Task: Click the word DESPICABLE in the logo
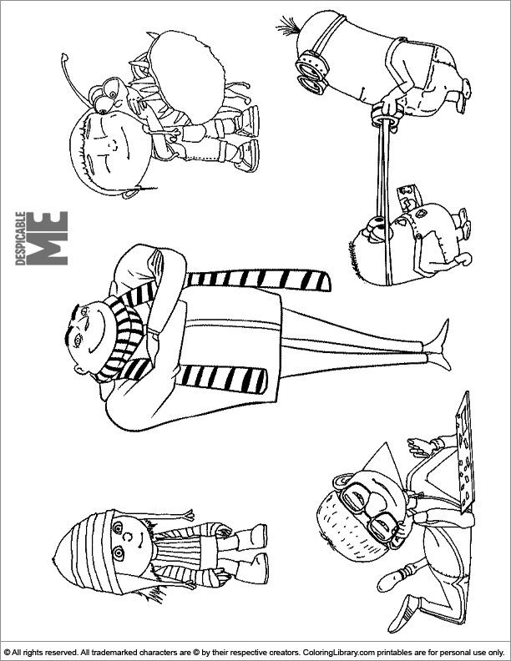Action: tap(20, 238)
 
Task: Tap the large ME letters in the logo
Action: tap(47, 238)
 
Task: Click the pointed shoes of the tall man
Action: tap(438, 346)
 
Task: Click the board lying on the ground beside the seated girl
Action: tap(463, 452)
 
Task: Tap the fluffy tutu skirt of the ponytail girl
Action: tap(185, 76)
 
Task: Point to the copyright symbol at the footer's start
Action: tap(7, 652)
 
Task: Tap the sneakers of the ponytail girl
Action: tap(248, 139)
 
